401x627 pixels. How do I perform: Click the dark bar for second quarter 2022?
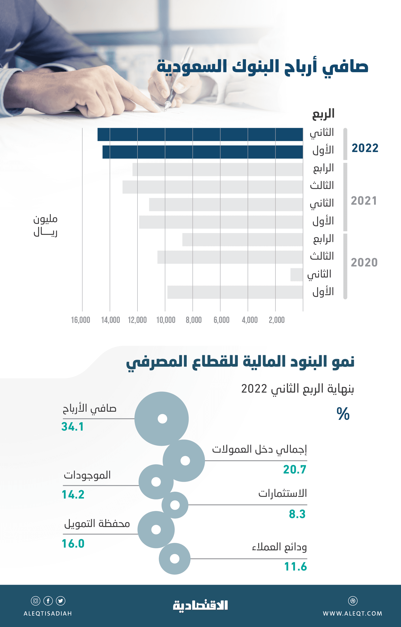click(200, 134)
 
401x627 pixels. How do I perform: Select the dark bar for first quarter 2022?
click(203, 152)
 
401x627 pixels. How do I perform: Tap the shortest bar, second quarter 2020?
click(297, 275)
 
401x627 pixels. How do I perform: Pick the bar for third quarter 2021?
click(212, 187)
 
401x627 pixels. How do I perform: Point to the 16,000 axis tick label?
click(80, 320)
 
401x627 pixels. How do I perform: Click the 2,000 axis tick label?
click(276, 320)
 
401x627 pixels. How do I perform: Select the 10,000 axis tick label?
click(166, 320)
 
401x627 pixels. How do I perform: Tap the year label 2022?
click(365, 148)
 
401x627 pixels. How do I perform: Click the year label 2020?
click(364, 262)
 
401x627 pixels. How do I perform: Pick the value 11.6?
click(296, 566)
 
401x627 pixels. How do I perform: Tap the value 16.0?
click(73, 544)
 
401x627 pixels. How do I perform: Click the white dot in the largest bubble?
click(163, 419)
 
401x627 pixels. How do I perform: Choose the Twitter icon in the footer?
click(61, 601)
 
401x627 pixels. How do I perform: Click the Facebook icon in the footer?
click(48, 601)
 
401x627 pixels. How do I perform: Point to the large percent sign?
click(343, 414)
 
